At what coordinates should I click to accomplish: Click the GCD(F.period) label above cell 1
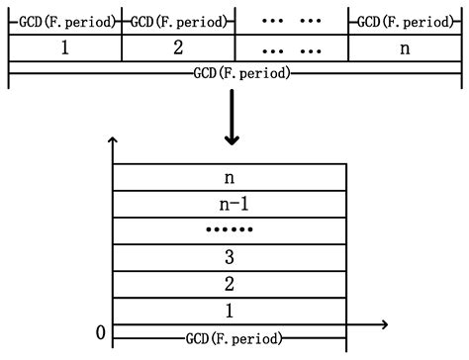pyautogui.click(x=64, y=21)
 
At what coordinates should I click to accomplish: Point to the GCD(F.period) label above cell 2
pyautogui.click(x=178, y=21)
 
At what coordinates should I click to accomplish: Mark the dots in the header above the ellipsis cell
pyautogui.click(x=292, y=21)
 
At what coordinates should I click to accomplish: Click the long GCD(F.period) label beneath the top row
pyautogui.click(x=235, y=73)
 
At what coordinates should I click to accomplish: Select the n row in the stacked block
pyautogui.click(x=231, y=177)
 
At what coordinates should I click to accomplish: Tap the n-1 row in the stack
pyautogui.click(x=231, y=204)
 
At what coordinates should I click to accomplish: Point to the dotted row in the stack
pyautogui.click(x=231, y=230)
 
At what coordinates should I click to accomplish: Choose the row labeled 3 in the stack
pyautogui.click(x=231, y=257)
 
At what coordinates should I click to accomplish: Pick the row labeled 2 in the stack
pyautogui.click(x=231, y=284)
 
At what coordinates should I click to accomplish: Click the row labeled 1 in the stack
pyautogui.click(x=231, y=311)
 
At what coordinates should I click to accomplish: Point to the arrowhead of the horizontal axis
pyautogui.click(x=384, y=323)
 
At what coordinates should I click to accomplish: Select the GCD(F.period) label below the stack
pyautogui.click(x=231, y=337)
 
